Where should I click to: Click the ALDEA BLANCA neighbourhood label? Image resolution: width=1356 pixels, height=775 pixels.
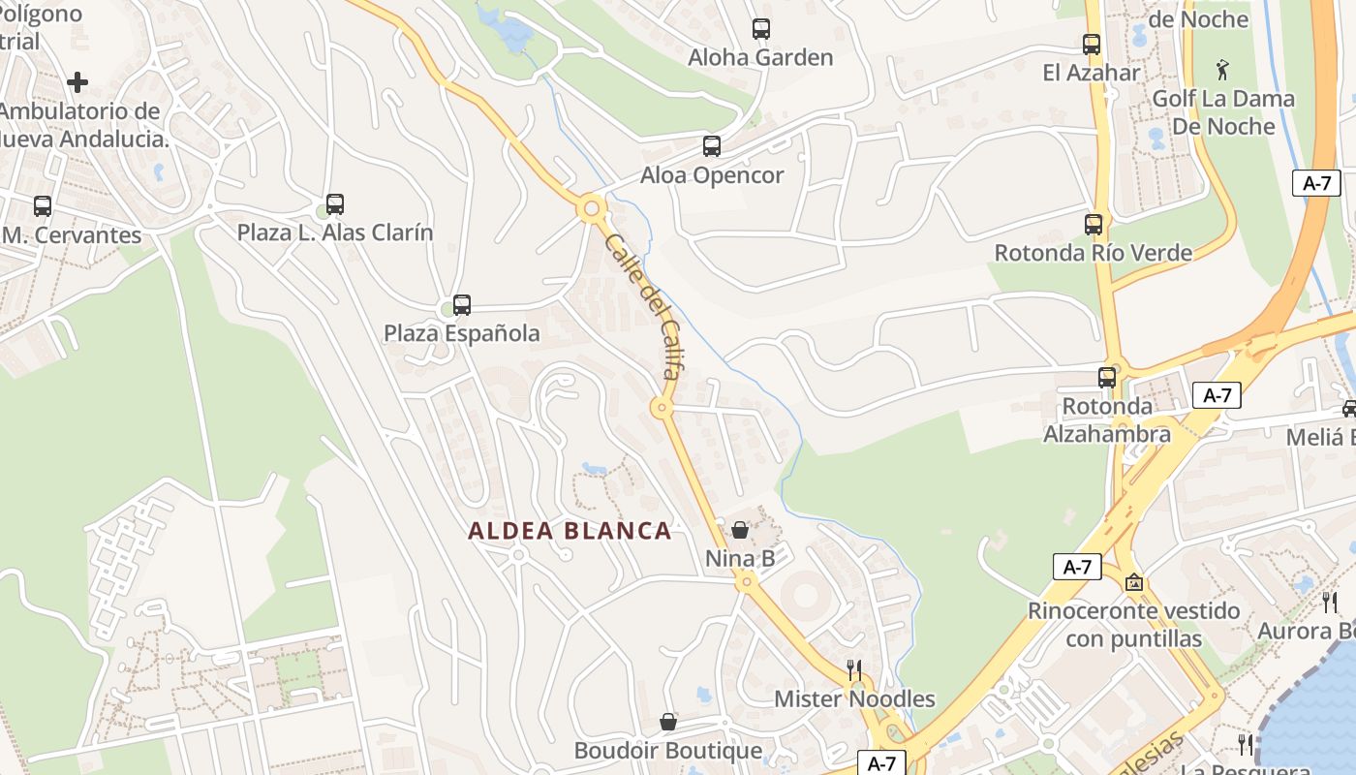click(570, 531)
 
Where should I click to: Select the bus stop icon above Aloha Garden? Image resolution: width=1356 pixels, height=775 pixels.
click(761, 29)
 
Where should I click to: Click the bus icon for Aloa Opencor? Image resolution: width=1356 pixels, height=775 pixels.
click(712, 146)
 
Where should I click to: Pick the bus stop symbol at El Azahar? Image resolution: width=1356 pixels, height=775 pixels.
click(1092, 45)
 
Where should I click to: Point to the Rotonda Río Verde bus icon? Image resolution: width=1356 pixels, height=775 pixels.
click(1094, 225)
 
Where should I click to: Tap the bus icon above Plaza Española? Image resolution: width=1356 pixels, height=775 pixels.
click(462, 305)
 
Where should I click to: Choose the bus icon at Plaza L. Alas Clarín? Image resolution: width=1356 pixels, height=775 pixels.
click(335, 204)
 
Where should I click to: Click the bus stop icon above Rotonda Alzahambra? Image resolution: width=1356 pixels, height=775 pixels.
click(1107, 378)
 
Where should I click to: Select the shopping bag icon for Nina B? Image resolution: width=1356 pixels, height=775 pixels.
click(740, 530)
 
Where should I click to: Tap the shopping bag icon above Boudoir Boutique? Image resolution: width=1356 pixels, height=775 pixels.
click(668, 722)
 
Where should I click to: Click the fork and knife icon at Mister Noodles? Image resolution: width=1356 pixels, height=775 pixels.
click(854, 669)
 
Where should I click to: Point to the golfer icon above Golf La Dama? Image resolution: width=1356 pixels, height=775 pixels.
click(1223, 70)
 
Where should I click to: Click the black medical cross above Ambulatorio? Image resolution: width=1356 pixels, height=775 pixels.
click(77, 82)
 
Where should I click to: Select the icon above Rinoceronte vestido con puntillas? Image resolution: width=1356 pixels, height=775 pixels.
click(1134, 582)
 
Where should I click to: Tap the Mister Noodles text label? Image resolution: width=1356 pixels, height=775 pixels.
click(854, 698)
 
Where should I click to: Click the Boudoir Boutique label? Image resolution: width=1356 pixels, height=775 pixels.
click(668, 751)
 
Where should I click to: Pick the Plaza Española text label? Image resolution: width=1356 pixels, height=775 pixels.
click(462, 333)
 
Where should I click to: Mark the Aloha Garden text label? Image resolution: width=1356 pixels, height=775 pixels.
click(760, 57)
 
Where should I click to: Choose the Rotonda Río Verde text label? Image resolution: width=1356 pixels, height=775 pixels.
click(1094, 253)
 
